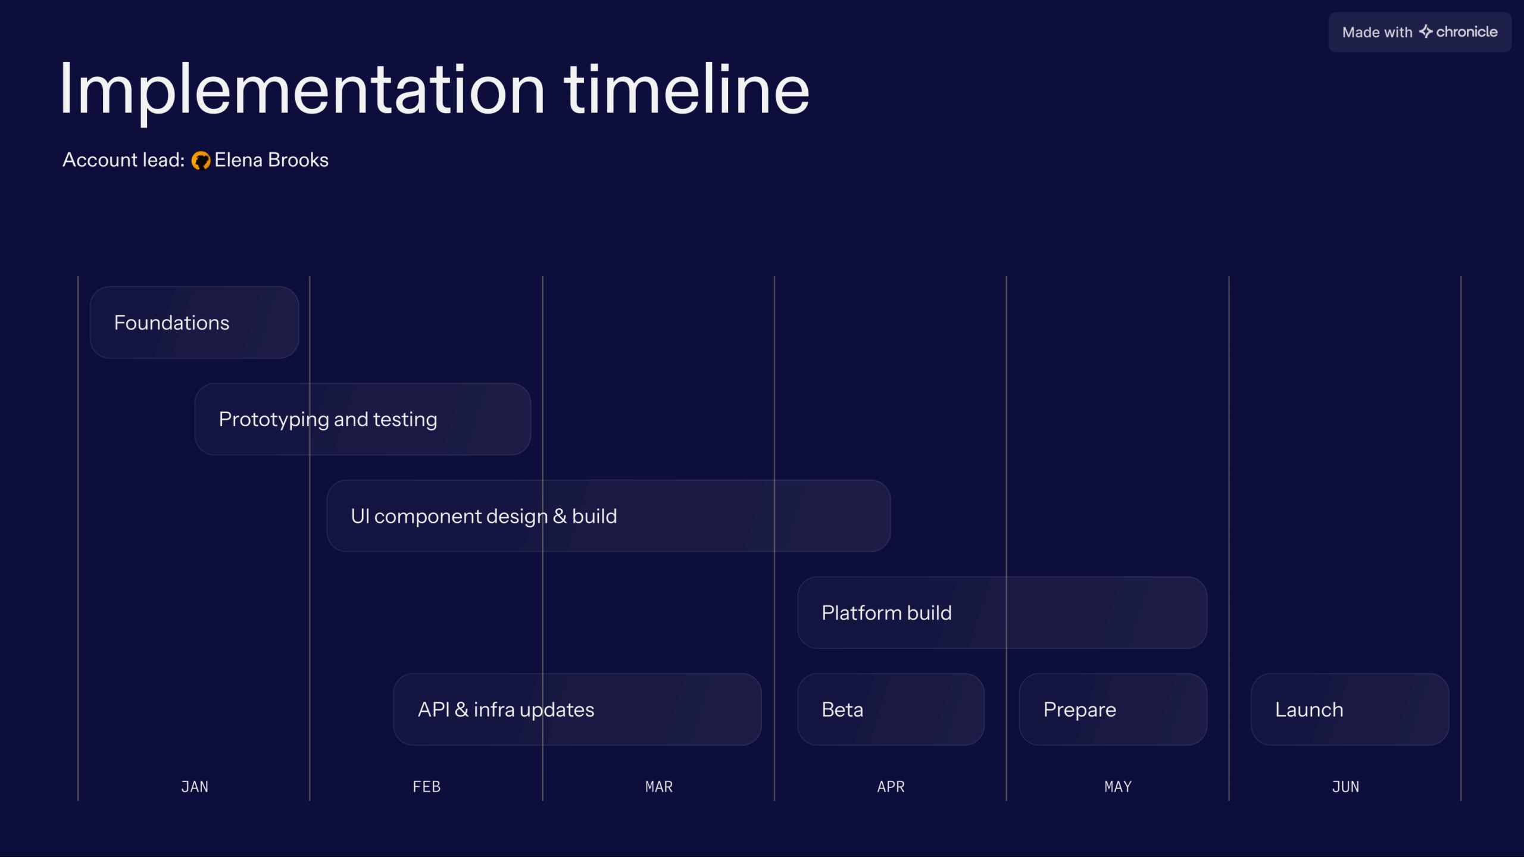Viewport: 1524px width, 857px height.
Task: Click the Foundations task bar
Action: coord(194,323)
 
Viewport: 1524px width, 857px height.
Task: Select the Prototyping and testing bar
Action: coord(363,419)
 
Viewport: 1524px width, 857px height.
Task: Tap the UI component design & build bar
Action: coord(608,516)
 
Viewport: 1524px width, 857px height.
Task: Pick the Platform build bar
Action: coord(1002,612)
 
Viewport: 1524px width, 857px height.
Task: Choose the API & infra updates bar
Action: coord(577,709)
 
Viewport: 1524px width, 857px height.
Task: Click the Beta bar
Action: coord(891,709)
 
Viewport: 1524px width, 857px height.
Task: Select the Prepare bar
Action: coord(1113,709)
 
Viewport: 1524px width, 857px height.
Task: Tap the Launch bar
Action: coord(1350,709)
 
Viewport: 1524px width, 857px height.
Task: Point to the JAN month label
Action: coord(195,787)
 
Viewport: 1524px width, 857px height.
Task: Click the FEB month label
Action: coord(427,787)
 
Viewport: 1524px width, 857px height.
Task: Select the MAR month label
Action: coord(659,787)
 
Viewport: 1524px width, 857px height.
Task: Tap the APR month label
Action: coord(891,787)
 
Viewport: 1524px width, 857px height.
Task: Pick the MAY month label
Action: coord(1118,787)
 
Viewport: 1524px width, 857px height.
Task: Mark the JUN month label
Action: coord(1345,787)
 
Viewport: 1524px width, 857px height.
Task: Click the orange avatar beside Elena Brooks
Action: coord(201,161)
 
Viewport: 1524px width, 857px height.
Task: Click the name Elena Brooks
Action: coord(271,160)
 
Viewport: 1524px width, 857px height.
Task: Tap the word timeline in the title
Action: coord(687,89)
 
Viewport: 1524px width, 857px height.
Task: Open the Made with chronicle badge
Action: coord(1420,32)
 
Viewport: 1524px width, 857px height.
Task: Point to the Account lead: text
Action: coord(124,160)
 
